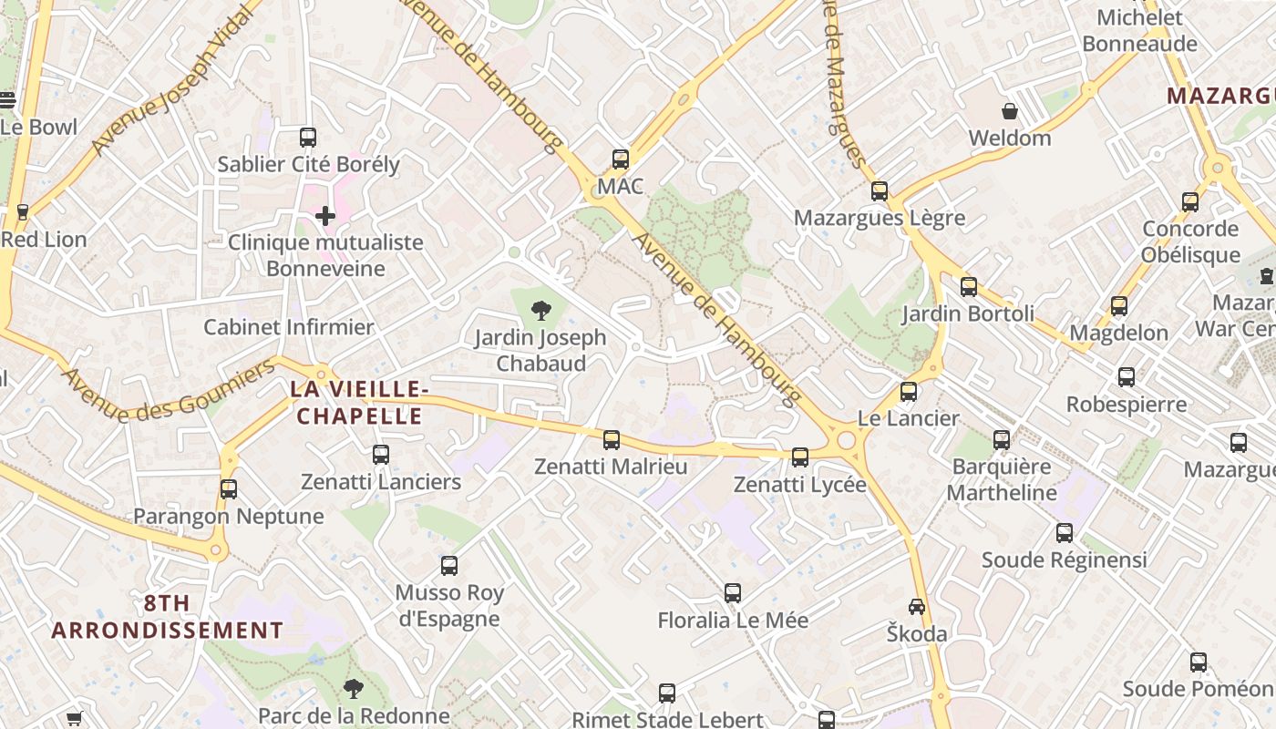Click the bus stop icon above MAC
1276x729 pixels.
(621, 159)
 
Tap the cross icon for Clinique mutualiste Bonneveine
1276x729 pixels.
(325, 216)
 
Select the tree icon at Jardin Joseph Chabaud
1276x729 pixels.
(540, 311)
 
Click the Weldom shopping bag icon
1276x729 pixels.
(1010, 112)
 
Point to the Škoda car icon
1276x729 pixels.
(917, 607)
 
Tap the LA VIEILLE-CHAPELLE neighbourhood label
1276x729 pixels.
(357, 403)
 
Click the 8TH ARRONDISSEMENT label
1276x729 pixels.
(167, 617)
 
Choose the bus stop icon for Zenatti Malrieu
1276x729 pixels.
(612, 440)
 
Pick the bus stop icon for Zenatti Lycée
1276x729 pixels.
(800, 457)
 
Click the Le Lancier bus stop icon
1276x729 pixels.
(909, 392)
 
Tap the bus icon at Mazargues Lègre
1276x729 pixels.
(880, 191)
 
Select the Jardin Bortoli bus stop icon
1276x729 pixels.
(969, 287)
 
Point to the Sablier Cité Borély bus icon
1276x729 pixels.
(308, 138)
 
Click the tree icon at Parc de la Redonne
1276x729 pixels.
(353, 689)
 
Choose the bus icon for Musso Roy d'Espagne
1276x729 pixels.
(449, 566)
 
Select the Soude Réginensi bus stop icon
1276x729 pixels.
(1065, 533)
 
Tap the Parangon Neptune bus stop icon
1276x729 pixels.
(229, 489)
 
